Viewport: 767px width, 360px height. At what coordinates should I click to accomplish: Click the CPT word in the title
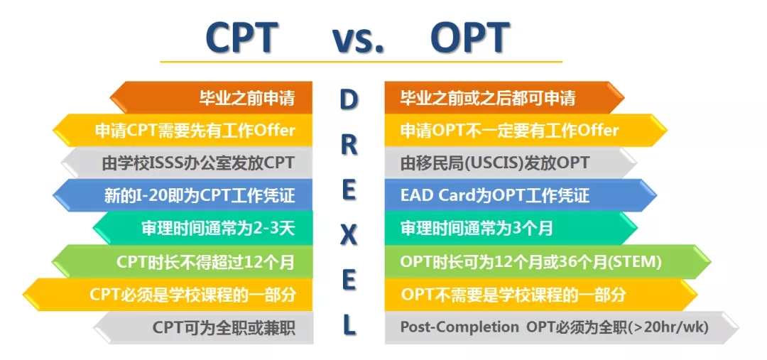coord(241,38)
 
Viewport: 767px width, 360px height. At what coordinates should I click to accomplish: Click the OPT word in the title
coord(470,38)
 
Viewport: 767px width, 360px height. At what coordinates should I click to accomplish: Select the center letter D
coord(349,100)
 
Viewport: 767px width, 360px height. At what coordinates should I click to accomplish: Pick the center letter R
coord(349,146)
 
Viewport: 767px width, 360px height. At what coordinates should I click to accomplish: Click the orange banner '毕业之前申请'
coord(211,98)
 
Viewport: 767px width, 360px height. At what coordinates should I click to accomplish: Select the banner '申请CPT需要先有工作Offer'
coord(183,130)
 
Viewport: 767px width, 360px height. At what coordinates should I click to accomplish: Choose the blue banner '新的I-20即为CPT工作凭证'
coord(183,195)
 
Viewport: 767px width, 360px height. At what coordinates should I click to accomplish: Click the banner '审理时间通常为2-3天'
coord(202,228)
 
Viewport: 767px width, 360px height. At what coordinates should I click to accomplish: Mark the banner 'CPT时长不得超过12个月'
coord(182,262)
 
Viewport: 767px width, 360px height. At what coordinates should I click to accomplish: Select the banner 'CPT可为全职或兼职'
coord(203,327)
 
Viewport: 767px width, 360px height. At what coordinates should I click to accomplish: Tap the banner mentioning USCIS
coord(511,163)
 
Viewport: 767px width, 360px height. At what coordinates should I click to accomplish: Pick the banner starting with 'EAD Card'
coord(521,195)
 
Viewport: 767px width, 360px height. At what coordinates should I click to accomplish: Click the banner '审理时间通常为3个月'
coord(511,228)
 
